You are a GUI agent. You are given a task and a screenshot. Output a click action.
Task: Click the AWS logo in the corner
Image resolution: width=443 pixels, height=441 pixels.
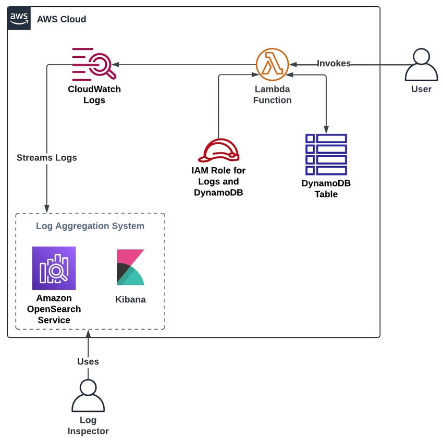[19, 19]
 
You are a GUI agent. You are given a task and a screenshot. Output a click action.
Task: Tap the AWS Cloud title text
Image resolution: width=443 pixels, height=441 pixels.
[61, 19]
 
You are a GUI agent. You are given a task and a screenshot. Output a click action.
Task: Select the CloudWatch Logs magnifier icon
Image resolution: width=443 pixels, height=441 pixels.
[94, 65]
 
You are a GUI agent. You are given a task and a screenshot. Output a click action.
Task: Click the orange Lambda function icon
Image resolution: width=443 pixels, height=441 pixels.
[272, 64]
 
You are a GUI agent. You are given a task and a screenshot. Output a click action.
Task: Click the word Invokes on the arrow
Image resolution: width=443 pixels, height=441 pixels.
[334, 64]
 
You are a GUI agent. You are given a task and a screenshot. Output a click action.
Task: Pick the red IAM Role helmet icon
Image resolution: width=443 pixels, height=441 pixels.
[218, 150]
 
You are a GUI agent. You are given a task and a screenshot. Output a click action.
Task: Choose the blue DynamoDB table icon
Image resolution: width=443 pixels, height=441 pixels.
[326, 154]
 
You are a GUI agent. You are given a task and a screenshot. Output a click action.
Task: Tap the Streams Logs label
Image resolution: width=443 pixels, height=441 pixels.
[46, 158]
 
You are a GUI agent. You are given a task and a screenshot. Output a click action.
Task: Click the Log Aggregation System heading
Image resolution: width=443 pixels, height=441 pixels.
[90, 226]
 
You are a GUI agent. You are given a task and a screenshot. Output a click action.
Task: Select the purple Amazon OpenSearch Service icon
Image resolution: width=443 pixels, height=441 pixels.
[54, 268]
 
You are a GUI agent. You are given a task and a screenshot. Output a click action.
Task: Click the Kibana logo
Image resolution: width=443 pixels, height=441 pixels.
[130, 268]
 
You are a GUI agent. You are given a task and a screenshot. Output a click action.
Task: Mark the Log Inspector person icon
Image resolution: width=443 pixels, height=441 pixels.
[88, 396]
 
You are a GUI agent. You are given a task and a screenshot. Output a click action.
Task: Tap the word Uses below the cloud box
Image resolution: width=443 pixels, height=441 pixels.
[88, 361]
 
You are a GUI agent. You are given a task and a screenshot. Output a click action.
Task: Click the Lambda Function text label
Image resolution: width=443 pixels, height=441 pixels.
[272, 94]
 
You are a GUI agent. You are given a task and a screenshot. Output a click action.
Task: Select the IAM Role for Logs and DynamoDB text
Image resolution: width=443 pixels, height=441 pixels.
[218, 181]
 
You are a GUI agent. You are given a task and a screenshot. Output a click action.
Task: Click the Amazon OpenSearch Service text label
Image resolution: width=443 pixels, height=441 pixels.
[54, 309]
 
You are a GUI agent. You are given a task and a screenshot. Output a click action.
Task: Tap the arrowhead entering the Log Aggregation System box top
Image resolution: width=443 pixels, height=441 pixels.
[47, 209]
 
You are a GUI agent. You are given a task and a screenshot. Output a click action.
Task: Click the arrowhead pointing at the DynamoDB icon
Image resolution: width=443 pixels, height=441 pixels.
[326, 130]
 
